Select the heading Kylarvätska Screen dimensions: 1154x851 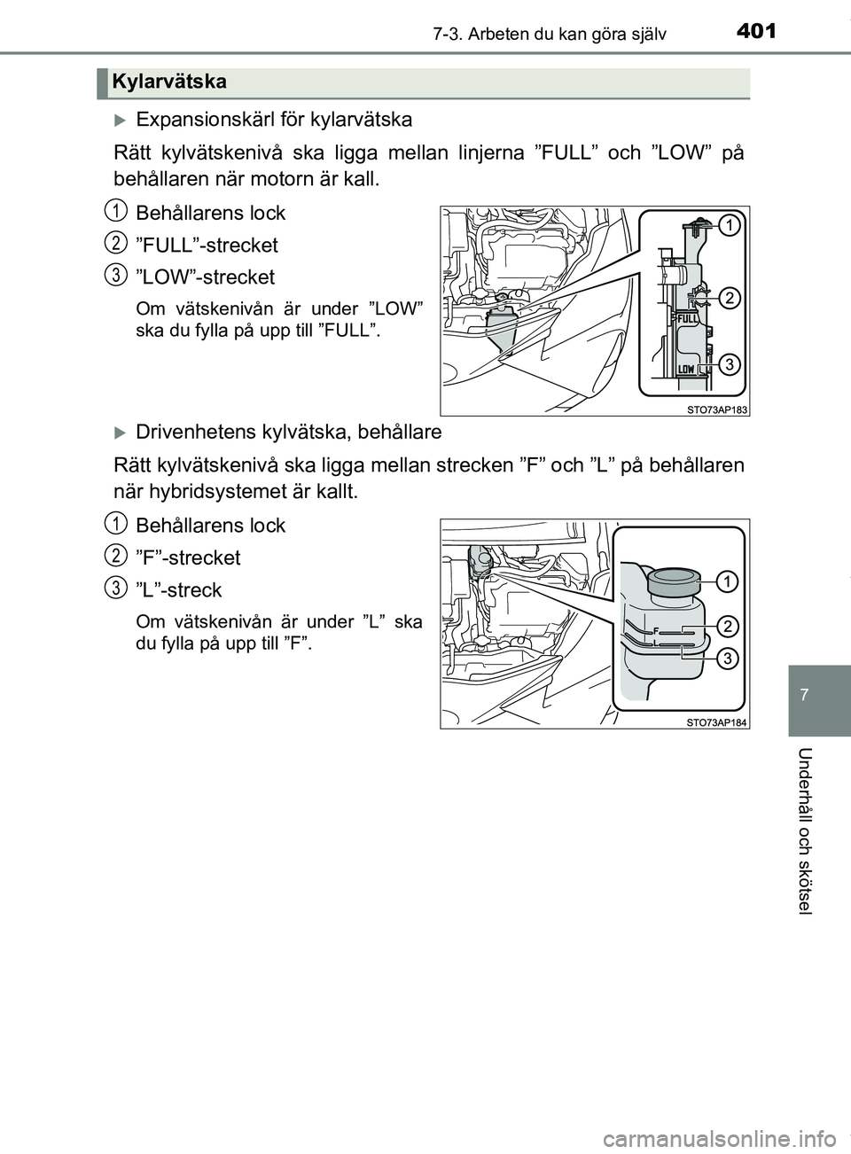point(169,82)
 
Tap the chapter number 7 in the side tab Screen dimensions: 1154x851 point(817,690)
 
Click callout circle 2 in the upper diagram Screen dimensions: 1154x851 point(728,298)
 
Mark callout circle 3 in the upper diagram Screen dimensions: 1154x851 point(728,363)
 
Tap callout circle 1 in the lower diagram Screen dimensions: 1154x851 point(728,581)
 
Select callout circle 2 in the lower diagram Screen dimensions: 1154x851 point(728,627)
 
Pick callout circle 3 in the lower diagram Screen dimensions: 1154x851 point(728,659)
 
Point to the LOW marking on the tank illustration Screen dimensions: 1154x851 point(686,368)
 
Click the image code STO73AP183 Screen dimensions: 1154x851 point(717,409)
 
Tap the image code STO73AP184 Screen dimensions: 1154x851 point(717,721)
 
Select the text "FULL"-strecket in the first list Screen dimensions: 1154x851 point(207,246)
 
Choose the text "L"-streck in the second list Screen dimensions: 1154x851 point(179,590)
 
